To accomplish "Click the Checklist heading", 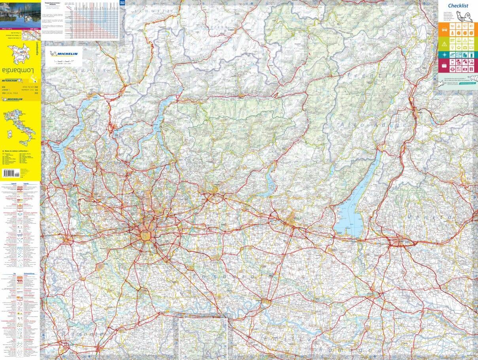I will (x=458, y=6).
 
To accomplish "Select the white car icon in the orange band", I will (x=444, y=26).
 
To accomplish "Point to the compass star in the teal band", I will (x=444, y=54).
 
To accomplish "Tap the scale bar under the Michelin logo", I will (x=63, y=61).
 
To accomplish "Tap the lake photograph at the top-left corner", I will (x=20, y=14).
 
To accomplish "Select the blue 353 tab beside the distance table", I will (x=122, y=4).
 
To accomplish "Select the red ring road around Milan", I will (x=145, y=236).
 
